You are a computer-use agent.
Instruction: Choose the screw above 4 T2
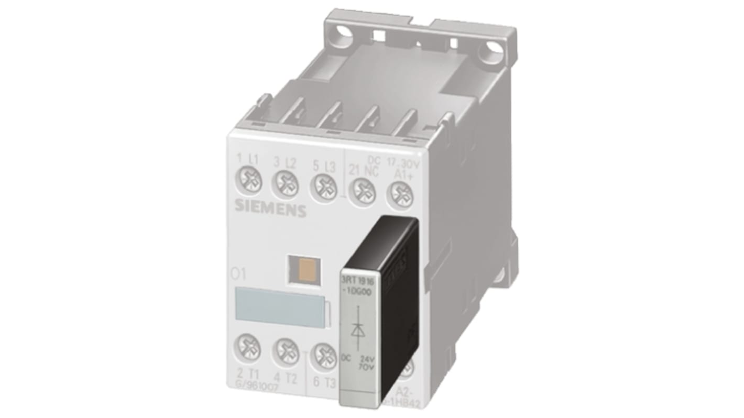point(286,349)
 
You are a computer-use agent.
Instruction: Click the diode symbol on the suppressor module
point(358,329)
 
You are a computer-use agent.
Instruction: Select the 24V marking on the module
point(367,360)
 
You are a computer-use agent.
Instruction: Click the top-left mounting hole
point(344,31)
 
